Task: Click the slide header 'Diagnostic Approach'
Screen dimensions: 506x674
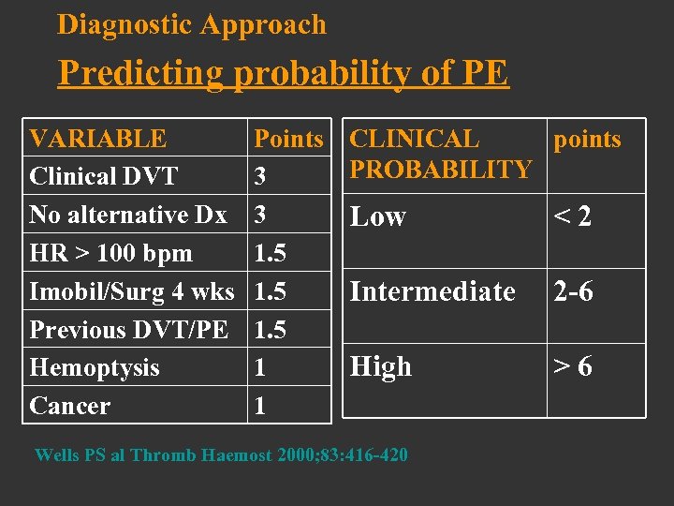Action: click(192, 24)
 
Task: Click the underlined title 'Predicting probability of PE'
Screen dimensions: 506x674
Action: click(283, 72)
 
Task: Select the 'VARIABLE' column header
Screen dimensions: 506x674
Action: click(98, 139)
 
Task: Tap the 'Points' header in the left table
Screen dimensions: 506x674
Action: click(288, 139)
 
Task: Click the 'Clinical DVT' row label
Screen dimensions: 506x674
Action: click(104, 176)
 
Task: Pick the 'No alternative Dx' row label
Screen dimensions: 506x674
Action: click(128, 215)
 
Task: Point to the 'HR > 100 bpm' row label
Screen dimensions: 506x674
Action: click(110, 253)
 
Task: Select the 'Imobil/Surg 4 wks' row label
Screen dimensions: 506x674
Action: click(132, 291)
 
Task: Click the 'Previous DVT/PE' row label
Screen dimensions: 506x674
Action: click(129, 330)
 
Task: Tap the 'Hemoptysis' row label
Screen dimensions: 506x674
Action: click(95, 367)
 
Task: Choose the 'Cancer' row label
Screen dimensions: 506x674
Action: click(70, 406)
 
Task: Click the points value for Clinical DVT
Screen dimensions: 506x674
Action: click(260, 176)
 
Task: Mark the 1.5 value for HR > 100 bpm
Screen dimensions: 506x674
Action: click(271, 253)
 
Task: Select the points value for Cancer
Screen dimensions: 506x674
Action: click(260, 406)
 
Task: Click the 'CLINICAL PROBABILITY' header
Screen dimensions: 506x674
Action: click(440, 155)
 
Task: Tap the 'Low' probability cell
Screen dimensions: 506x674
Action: click(377, 216)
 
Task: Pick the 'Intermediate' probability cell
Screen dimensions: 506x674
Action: click(432, 291)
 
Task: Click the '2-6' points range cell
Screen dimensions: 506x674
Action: click(573, 291)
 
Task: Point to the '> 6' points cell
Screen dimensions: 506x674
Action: click(573, 366)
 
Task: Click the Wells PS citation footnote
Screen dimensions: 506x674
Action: click(221, 455)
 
